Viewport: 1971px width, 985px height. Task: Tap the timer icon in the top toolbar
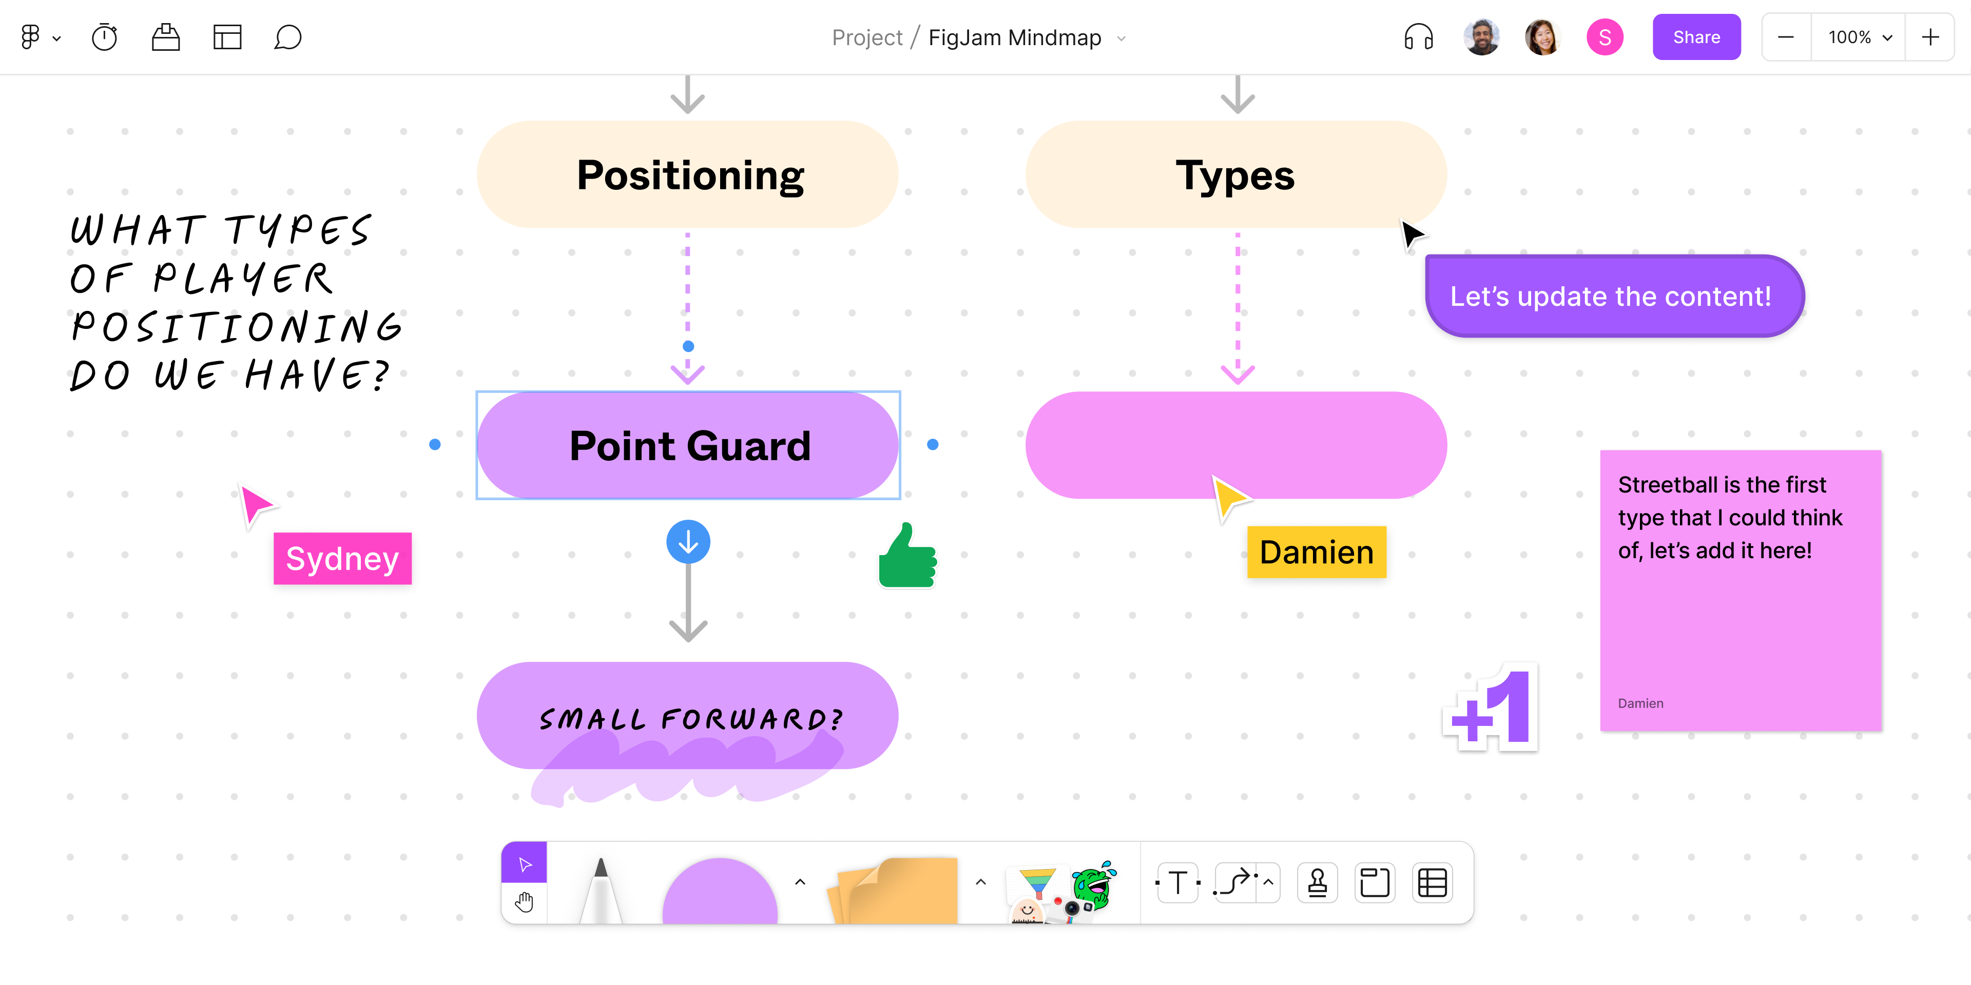pyautogui.click(x=104, y=37)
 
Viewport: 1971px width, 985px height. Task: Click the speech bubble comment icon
pyautogui.click(x=287, y=37)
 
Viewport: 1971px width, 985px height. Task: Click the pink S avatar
pyautogui.click(x=1605, y=37)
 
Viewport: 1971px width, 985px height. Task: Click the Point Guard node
pyautogui.click(x=688, y=445)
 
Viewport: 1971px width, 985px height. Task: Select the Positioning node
pyautogui.click(x=688, y=174)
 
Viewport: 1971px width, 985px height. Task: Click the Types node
pyautogui.click(x=1235, y=174)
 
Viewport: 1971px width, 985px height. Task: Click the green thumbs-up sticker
pyautogui.click(x=907, y=557)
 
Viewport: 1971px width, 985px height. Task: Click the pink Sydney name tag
pyautogui.click(x=342, y=558)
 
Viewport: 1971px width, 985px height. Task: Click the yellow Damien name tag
pyautogui.click(x=1316, y=552)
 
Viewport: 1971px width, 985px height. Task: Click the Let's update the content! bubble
pyautogui.click(x=1613, y=296)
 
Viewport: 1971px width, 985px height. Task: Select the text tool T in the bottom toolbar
pyautogui.click(x=1177, y=882)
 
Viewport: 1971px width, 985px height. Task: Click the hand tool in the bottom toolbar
pyautogui.click(x=524, y=902)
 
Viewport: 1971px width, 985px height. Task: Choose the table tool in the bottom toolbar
pyautogui.click(x=1432, y=882)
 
